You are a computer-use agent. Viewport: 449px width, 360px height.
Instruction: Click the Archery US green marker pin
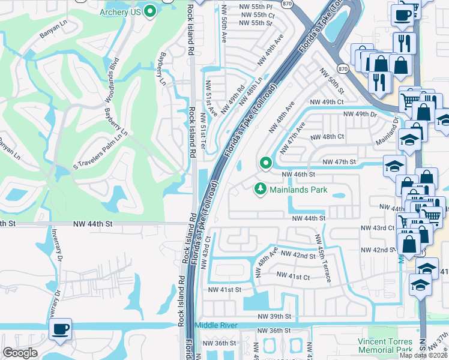[x=150, y=11]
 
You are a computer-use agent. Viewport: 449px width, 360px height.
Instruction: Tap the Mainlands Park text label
[x=298, y=190]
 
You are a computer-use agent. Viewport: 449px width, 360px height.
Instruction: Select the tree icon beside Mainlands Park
[x=261, y=189]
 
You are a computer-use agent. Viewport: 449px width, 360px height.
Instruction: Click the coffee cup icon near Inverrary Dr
[x=61, y=329]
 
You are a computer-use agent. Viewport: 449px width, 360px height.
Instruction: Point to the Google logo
[x=20, y=353]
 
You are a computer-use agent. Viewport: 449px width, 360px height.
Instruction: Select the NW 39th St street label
[x=274, y=316]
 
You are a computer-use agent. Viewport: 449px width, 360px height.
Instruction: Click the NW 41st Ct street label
[x=293, y=277]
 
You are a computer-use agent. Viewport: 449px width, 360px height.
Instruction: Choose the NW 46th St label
[x=298, y=174]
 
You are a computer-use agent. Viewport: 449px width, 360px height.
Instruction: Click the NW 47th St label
[x=339, y=162]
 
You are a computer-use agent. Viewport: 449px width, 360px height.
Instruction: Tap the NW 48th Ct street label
[x=327, y=137]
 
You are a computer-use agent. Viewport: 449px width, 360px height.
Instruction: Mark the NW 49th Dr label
[x=360, y=113]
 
